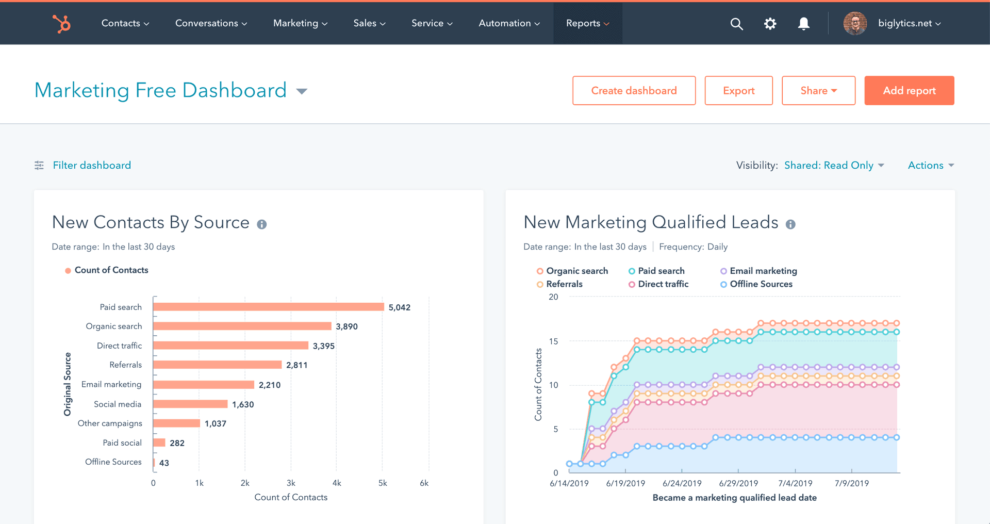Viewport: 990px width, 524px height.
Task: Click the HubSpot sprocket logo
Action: [x=61, y=24]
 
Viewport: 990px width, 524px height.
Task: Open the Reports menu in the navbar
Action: [x=587, y=23]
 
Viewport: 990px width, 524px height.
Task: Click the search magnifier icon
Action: [x=736, y=24]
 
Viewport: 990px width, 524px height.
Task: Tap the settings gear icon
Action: [x=770, y=24]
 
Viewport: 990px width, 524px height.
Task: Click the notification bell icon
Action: [x=803, y=24]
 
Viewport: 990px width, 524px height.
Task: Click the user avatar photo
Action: [x=855, y=24]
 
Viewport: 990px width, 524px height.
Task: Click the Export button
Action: [x=738, y=91]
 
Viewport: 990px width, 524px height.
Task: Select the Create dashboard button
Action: [x=634, y=91]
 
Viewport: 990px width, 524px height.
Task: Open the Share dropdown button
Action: [x=818, y=91]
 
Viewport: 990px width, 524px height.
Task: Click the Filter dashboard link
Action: [x=92, y=166]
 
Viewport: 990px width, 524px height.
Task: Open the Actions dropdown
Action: [x=931, y=166]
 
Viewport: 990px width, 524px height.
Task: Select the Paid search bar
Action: [x=268, y=307]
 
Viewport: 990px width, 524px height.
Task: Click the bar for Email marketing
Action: [x=204, y=385]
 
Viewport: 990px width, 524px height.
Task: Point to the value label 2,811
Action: [x=297, y=365]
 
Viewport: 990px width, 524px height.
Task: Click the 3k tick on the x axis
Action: [x=291, y=483]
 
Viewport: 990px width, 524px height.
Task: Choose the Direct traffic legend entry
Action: [x=663, y=284]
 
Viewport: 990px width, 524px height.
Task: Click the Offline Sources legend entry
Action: [x=761, y=284]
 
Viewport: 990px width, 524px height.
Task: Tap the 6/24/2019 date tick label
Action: [x=682, y=484]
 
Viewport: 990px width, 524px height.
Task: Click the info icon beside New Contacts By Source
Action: [x=262, y=224]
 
